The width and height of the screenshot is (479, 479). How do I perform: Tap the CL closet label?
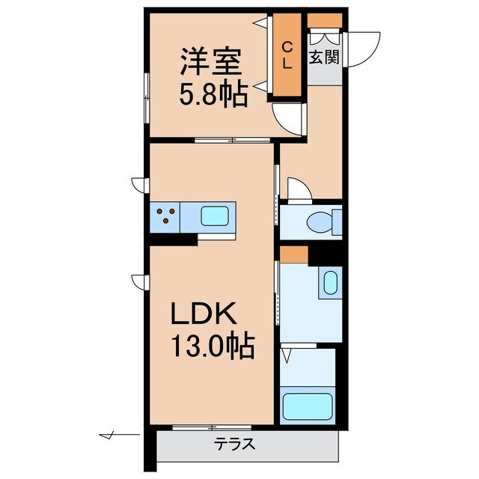point(286,56)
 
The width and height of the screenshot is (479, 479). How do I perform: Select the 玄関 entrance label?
point(324,56)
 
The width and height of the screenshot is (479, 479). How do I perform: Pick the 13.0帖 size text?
point(214,347)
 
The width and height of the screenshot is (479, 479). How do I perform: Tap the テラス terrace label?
point(236,444)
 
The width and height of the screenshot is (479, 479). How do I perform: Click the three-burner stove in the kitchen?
point(167,218)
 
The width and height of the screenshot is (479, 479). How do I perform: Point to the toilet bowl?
point(323,222)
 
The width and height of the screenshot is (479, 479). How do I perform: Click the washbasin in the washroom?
point(329,284)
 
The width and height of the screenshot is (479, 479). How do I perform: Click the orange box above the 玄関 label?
point(325,20)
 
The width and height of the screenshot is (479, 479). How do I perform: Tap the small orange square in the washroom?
point(294,254)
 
